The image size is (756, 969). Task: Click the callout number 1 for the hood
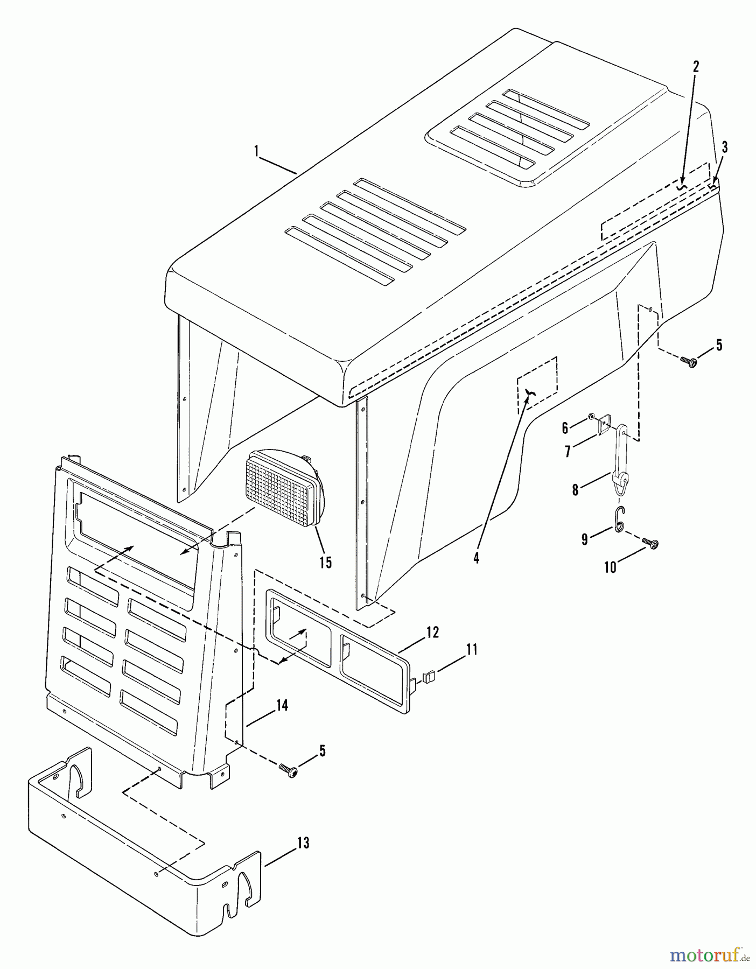click(x=257, y=151)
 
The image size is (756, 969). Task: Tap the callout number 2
click(x=696, y=67)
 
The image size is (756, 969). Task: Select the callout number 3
click(x=725, y=147)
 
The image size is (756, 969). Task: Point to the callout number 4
click(x=476, y=558)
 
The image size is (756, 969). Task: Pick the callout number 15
click(x=325, y=563)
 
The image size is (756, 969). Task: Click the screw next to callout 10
click(x=652, y=545)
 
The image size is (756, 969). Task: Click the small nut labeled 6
click(x=591, y=416)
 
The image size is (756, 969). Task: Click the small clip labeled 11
click(x=429, y=675)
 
